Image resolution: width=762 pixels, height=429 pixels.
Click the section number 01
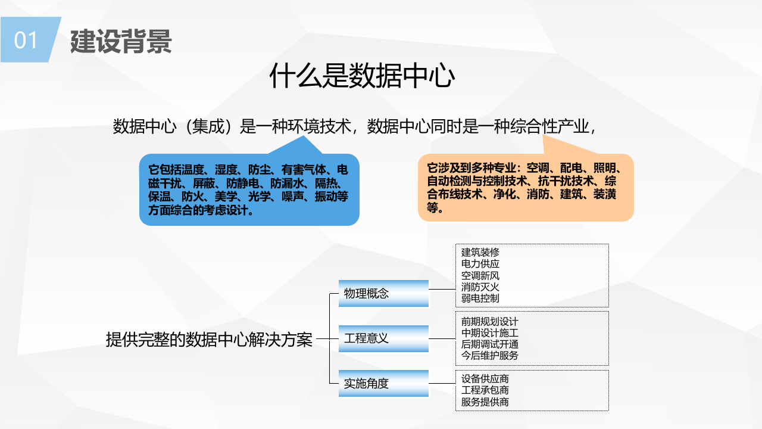tap(26, 40)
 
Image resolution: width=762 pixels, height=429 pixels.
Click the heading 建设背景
tap(121, 41)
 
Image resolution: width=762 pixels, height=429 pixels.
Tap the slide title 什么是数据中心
tap(362, 76)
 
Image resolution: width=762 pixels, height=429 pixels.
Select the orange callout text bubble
tap(525, 188)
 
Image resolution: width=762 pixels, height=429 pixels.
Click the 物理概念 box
tap(383, 293)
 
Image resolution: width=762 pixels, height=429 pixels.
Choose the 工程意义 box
tap(383, 338)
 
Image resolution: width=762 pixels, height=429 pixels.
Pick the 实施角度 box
tap(383, 384)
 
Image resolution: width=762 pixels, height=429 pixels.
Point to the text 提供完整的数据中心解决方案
tap(209, 340)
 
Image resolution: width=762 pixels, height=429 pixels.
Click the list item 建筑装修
tap(480, 253)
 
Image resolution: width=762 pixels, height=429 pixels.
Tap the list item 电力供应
tap(480, 264)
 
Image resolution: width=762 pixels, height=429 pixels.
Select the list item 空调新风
tap(480, 275)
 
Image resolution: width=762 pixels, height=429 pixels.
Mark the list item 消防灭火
tap(480, 287)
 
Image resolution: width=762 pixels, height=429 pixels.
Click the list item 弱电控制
tap(480, 298)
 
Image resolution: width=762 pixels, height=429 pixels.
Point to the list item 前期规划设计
tap(490, 322)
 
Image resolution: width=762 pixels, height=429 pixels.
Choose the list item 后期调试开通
tap(490, 344)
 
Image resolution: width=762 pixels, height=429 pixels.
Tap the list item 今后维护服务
tap(490, 356)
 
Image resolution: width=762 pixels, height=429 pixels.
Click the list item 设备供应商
tap(485, 379)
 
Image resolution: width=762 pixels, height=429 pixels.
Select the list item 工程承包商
tap(485, 390)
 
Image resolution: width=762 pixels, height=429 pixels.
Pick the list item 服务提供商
tap(485, 402)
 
